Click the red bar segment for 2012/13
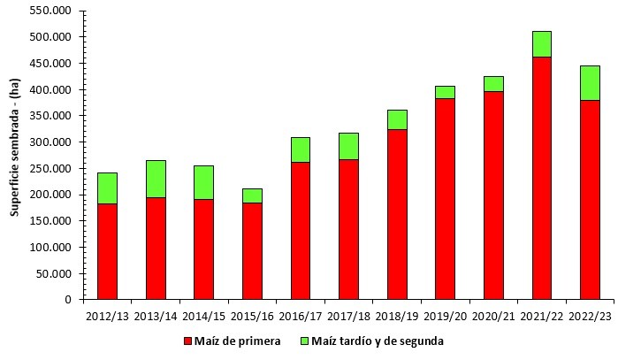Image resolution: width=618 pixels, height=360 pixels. click(107, 251)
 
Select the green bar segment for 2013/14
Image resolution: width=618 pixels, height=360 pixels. click(156, 179)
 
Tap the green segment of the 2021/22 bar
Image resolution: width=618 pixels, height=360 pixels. click(541, 43)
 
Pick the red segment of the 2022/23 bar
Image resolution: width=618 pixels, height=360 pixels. click(590, 199)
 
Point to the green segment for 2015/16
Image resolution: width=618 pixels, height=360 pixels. click(252, 195)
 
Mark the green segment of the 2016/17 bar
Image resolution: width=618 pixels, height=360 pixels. click(300, 149)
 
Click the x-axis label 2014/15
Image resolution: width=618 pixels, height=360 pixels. click(203, 315)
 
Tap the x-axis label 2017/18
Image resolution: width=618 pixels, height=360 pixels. click(348, 315)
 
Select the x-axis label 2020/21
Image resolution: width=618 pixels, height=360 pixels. click(493, 315)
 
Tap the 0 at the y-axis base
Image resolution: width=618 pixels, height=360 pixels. click(68, 300)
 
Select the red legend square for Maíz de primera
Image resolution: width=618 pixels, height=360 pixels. click(187, 341)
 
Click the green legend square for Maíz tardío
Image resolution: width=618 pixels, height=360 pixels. click(305, 341)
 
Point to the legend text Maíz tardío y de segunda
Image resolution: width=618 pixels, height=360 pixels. click(378, 341)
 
